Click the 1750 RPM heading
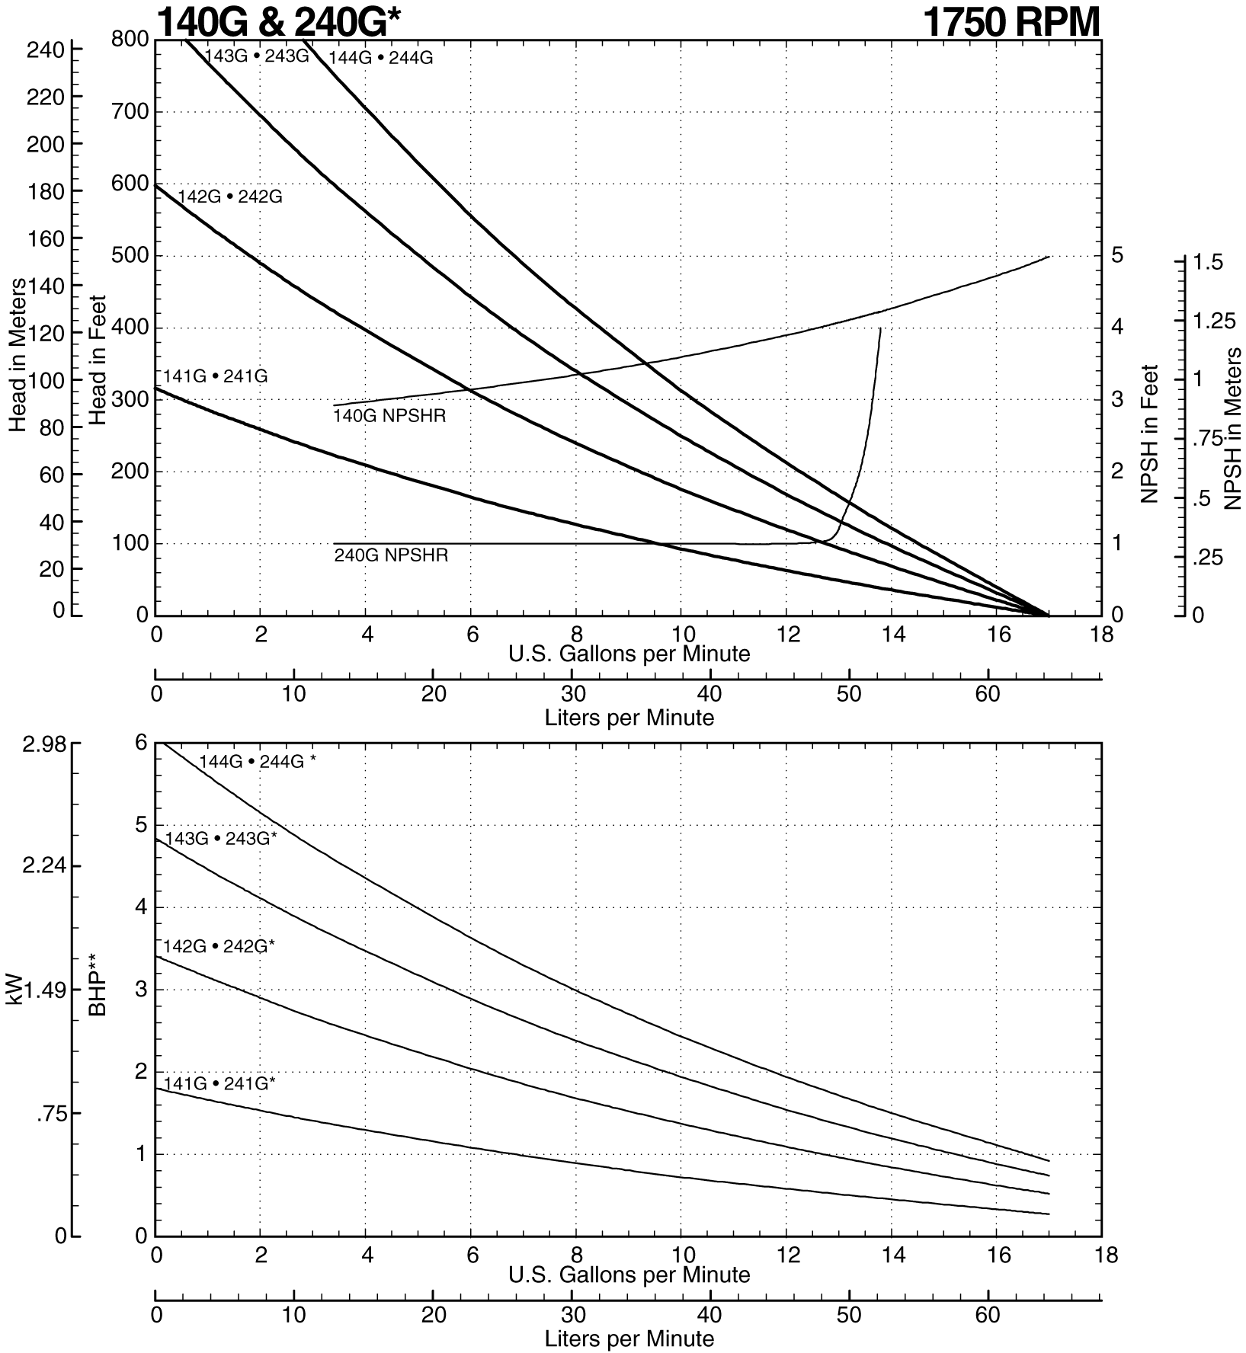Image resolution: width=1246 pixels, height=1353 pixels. pyautogui.click(x=1011, y=23)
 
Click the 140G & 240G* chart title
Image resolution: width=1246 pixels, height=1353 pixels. pyautogui.click(x=278, y=23)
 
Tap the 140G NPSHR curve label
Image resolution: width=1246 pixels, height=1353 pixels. pyautogui.click(x=389, y=417)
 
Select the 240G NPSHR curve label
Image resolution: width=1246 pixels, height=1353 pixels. pyautogui.click(x=391, y=555)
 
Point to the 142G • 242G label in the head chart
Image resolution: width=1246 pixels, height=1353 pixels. pyautogui.click(x=230, y=197)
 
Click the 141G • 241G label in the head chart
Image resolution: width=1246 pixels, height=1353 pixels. pyautogui.click(x=216, y=376)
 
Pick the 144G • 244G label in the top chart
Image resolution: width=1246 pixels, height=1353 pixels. pyautogui.click(x=380, y=58)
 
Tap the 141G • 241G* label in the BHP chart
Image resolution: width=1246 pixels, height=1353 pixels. pyautogui.click(x=219, y=1083)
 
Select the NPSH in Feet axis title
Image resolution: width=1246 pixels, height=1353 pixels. pyautogui.click(x=1149, y=433)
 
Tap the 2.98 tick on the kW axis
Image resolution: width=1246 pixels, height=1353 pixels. pyautogui.click(x=45, y=745)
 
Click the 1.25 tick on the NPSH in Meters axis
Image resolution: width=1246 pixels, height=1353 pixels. pyautogui.click(x=1214, y=321)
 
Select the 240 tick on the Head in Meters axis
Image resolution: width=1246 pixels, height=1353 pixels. pyautogui.click(x=45, y=50)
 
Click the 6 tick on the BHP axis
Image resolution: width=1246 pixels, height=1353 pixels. pyautogui.click(x=140, y=744)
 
